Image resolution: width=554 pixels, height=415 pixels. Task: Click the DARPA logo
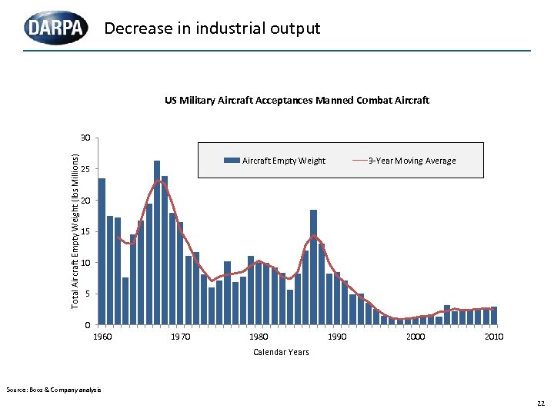pyautogui.click(x=56, y=28)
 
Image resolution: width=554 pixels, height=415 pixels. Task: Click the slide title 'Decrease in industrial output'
pyautogui.click(x=212, y=28)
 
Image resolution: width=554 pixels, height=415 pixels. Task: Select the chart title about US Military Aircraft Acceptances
pyautogui.click(x=296, y=100)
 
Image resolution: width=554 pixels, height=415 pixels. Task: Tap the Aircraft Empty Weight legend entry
pyautogui.click(x=275, y=161)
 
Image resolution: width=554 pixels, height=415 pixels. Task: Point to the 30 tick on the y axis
pyautogui.click(x=85, y=138)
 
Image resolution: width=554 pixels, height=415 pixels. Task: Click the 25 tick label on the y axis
pyautogui.click(x=85, y=169)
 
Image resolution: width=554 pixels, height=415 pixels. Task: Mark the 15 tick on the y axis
pyautogui.click(x=85, y=231)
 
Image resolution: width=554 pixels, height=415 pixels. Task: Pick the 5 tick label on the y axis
pyautogui.click(x=87, y=294)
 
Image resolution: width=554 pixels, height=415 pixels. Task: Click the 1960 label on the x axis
pyautogui.click(x=102, y=337)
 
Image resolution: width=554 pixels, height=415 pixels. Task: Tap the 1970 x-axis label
pyautogui.click(x=180, y=337)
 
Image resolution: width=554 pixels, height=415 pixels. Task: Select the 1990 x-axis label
pyautogui.click(x=337, y=337)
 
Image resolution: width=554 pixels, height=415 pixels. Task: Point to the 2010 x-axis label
pyautogui.click(x=493, y=337)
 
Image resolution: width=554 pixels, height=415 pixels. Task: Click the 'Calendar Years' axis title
pyautogui.click(x=281, y=352)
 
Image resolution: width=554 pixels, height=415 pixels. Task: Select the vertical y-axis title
pyautogui.click(x=75, y=231)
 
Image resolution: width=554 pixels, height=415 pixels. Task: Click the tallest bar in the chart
pyautogui.click(x=157, y=242)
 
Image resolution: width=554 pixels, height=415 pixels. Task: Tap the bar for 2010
pyautogui.click(x=494, y=316)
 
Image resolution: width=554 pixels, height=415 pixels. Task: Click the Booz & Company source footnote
pyautogui.click(x=53, y=390)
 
